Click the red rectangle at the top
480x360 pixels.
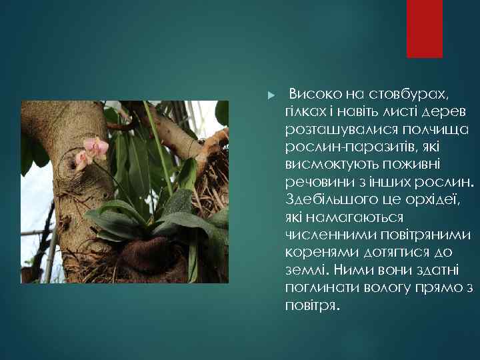425,28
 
